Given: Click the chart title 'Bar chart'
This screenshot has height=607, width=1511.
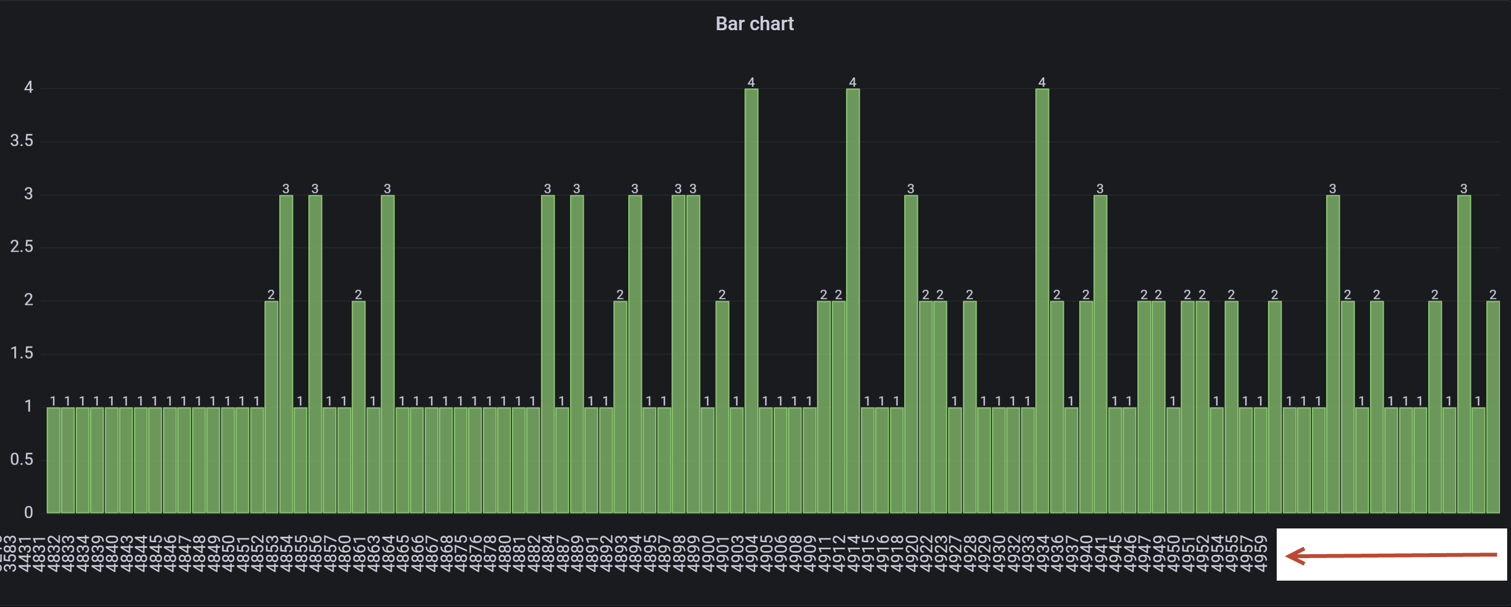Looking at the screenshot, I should [754, 24].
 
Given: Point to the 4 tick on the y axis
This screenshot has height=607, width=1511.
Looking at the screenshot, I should [28, 87].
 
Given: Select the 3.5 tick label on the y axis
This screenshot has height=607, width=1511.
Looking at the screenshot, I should [22, 141].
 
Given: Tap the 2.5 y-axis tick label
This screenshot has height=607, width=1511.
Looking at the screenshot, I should [22, 247].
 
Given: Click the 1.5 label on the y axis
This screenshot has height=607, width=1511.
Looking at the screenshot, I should [22, 353].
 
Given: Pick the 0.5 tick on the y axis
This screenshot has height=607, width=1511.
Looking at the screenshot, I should [22, 459].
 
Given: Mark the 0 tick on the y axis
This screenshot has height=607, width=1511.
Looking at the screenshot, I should [28, 513].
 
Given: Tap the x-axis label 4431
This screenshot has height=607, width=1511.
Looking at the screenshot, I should [24, 553].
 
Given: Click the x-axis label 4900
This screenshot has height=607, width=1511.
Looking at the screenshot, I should [707, 553].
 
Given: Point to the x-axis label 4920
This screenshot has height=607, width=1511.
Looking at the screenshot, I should [911, 553].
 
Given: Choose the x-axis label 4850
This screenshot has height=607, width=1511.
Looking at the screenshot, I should [228, 553].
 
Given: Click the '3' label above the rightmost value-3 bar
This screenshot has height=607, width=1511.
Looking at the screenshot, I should [1463, 188].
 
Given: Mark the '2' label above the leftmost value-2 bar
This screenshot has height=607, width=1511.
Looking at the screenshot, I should [271, 294].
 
